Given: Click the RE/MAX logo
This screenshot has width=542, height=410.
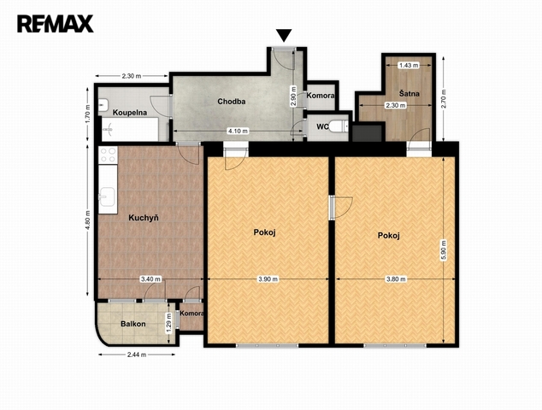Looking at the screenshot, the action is click(x=56, y=23).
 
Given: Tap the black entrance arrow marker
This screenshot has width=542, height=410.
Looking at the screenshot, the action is click(x=284, y=35).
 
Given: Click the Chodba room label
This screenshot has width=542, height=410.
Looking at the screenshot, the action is click(x=232, y=102).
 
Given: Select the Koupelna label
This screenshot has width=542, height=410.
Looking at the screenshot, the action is click(x=130, y=113).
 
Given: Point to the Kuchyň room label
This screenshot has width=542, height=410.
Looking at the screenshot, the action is click(x=144, y=218).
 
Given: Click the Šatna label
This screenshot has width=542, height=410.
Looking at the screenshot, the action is click(x=409, y=93).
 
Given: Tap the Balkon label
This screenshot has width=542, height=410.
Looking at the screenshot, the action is click(x=133, y=324).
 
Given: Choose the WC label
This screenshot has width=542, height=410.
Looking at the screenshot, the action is click(x=322, y=126).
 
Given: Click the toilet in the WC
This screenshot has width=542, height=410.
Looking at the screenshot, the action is click(x=339, y=126).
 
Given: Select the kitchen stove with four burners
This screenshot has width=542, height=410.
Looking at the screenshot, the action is click(x=109, y=155).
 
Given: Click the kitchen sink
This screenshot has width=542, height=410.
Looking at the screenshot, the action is click(x=107, y=196).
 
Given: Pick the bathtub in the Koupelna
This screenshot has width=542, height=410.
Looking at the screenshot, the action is click(x=130, y=129).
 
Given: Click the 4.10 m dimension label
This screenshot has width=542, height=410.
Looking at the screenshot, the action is click(x=238, y=131).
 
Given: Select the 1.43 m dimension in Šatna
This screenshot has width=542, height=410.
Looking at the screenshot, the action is click(x=409, y=65).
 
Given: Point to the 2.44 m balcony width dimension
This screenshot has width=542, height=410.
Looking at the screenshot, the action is click(x=137, y=354).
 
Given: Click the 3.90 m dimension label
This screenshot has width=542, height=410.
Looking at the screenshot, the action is click(x=268, y=279).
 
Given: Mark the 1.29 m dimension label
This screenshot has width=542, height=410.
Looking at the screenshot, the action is click(x=168, y=323).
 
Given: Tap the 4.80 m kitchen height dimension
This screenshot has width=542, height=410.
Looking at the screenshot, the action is click(x=88, y=220).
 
